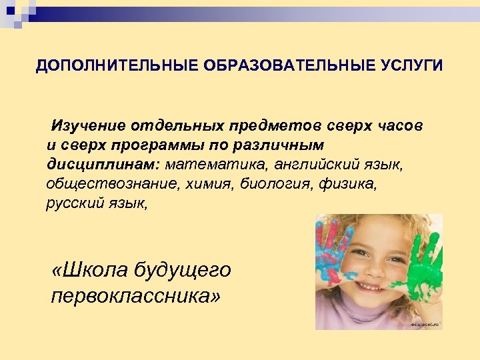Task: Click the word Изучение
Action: click(87, 125)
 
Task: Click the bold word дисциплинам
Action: click(102, 163)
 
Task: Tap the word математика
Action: click(214, 163)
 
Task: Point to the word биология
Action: click(274, 183)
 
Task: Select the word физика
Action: click(349, 183)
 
